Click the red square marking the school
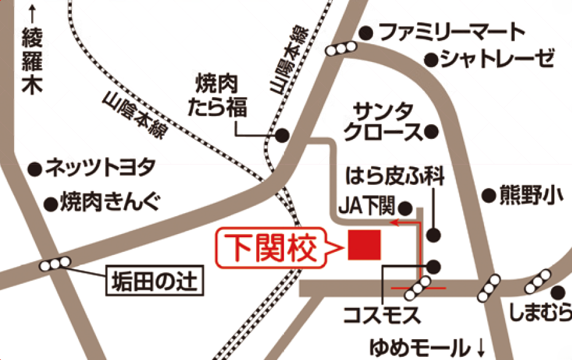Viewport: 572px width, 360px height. click(365, 245)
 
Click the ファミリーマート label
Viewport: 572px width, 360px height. click(452, 32)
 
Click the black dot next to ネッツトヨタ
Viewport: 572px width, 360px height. click(36, 166)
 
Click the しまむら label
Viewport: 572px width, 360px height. click(540, 314)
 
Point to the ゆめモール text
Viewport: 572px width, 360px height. click(418, 346)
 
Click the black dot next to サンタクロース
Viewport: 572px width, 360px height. click(432, 131)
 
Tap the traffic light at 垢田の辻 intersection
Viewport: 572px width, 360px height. click(55, 265)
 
